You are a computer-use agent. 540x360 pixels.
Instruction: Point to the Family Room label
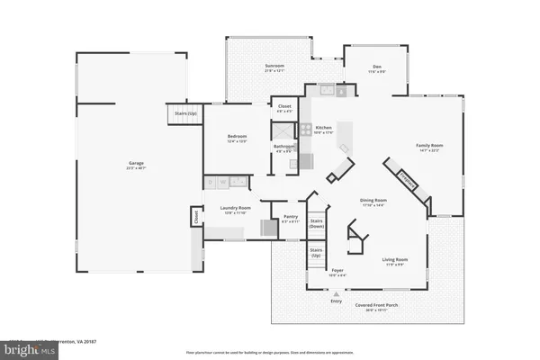coord(429,147)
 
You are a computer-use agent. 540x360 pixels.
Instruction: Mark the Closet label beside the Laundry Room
coord(194,216)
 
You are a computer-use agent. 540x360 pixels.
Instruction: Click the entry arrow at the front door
coord(337,293)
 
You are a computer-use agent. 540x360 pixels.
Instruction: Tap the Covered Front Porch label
coord(368,307)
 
